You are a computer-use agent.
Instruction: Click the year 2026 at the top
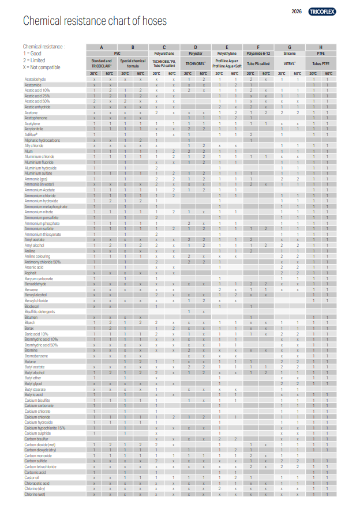[x=297, y=12]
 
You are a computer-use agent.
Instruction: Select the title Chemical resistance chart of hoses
[x=95, y=22]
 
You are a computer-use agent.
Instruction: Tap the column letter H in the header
[x=320, y=47]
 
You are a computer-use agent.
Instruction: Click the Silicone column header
[x=289, y=52]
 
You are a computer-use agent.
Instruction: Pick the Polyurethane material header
[x=164, y=52]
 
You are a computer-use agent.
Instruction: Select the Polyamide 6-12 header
[x=258, y=52]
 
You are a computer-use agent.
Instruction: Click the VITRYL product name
[x=289, y=63]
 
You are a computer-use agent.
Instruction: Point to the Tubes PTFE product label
[x=320, y=63]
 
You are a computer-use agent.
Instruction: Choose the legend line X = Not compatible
[x=42, y=67]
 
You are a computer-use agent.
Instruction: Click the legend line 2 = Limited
[x=34, y=60]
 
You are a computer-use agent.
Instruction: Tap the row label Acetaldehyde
[x=36, y=79]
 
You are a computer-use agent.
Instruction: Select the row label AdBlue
[x=31, y=134]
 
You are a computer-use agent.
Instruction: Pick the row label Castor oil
[x=32, y=477]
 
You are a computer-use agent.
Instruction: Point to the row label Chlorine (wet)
[x=35, y=494]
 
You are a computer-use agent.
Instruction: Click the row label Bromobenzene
[x=36, y=356]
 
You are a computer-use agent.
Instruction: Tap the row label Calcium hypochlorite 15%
[x=44, y=428]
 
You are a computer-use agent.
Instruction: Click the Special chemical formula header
[x=133, y=63]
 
